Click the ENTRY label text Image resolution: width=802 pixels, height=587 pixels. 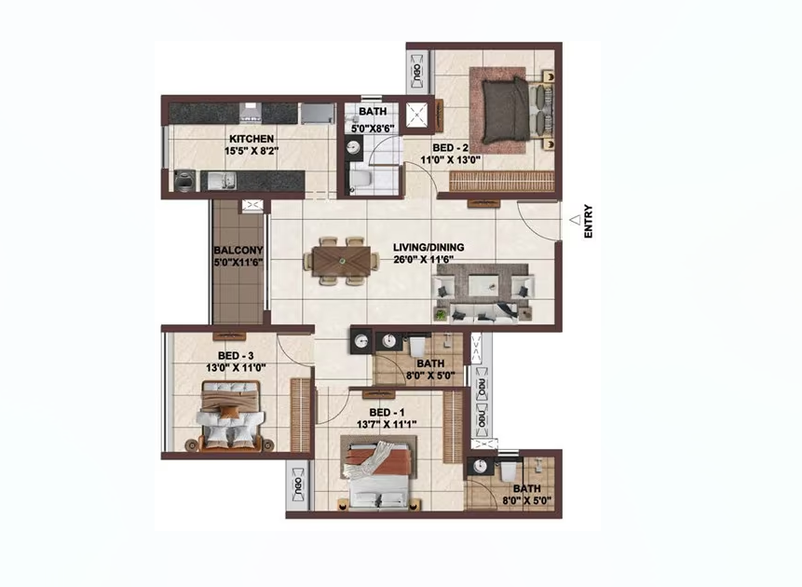click(588, 222)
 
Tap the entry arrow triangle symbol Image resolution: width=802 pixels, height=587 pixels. click(576, 219)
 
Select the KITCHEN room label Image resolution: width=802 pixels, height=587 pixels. click(251, 139)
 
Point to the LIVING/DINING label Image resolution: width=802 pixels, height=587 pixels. click(428, 247)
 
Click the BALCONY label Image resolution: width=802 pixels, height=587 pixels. click(238, 251)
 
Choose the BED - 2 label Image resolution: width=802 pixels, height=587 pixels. click(451, 148)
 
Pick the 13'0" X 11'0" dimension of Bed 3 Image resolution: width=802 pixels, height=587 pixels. click(236, 367)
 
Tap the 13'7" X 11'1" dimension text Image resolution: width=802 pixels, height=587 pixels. click(387, 424)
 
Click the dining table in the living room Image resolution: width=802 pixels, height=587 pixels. click(342, 261)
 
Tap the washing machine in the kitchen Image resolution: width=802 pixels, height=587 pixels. click(184, 181)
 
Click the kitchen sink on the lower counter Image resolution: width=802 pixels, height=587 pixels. click(222, 180)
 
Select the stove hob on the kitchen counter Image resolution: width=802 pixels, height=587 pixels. click(251, 112)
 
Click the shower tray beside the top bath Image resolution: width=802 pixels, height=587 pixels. click(417, 114)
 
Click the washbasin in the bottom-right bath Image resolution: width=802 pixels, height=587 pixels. click(480, 466)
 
